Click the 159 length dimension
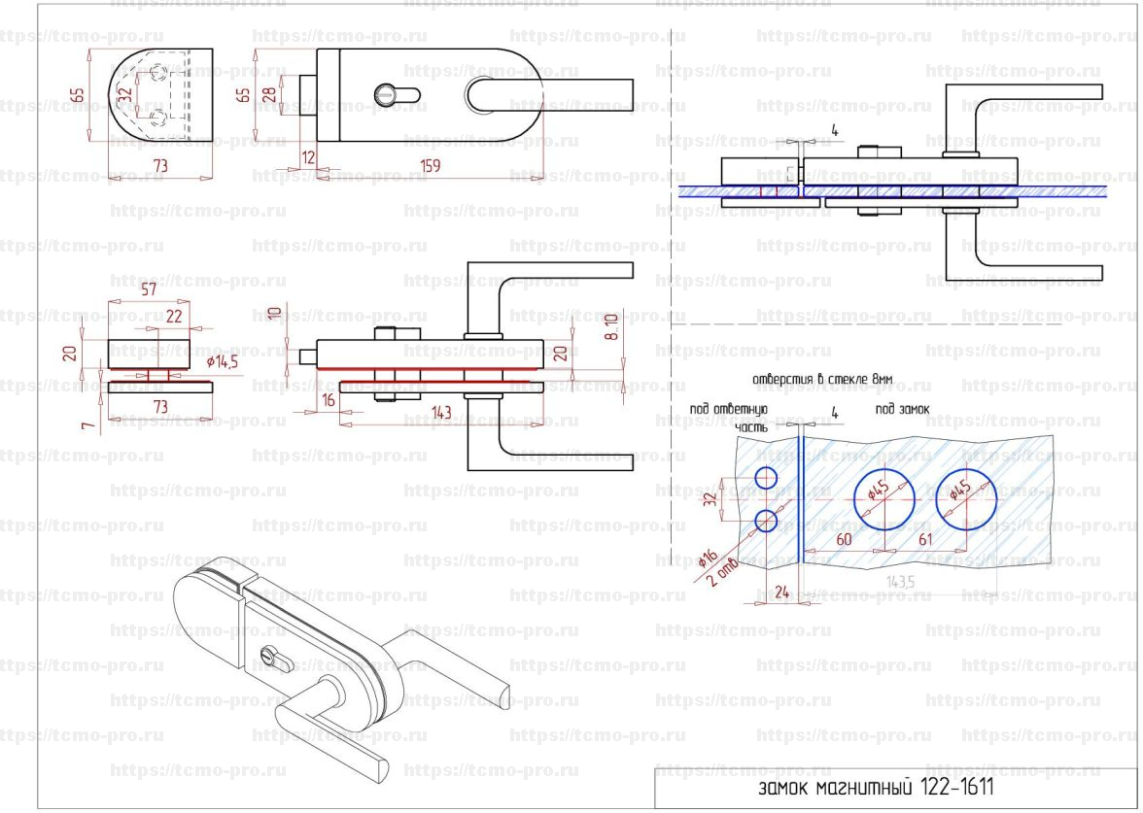coord(432,166)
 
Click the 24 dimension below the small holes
coord(779,591)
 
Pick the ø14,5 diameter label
coord(223,361)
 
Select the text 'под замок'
coord(901,410)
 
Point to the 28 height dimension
coord(269,94)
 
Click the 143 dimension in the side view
coord(441,413)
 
